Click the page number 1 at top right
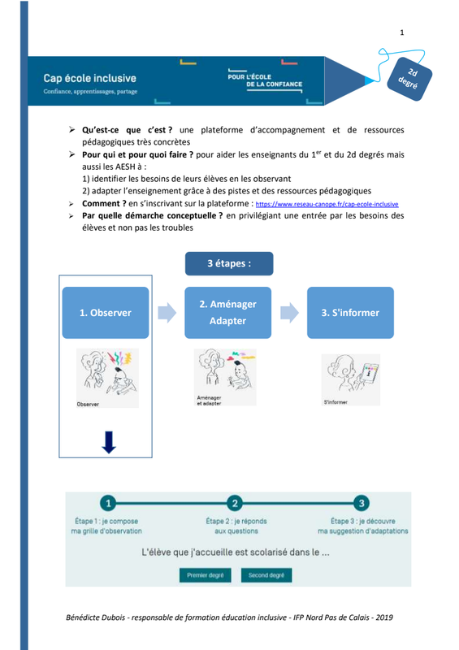point(402,32)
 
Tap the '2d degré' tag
point(409,79)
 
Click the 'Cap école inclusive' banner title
point(89,78)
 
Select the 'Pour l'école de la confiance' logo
point(265,80)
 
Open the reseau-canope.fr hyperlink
point(327,204)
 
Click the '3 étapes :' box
point(229,263)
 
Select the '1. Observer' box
point(106,313)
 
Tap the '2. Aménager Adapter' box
point(227,313)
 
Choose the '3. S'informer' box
point(350,313)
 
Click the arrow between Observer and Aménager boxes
point(167,313)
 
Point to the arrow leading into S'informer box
point(289,313)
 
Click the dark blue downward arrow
point(109,442)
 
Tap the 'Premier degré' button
point(206,575)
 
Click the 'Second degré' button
point(266,575)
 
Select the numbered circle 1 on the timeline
point(109,503)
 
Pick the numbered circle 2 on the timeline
point(235,503)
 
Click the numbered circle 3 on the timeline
point(362,503)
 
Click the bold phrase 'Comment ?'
point(104,204)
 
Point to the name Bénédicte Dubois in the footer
point(95,617)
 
